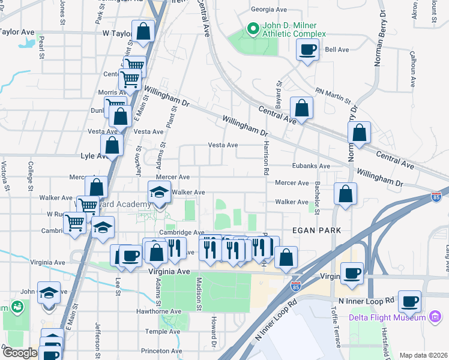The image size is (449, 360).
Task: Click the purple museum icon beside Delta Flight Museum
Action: tap(435, 317)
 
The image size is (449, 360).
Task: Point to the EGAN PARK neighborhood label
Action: tap(317, 230)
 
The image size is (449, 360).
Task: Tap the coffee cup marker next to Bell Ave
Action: tap(307, 50)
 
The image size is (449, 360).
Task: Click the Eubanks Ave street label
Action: tap(312, 166)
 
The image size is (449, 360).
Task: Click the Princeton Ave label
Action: tap(161, 351)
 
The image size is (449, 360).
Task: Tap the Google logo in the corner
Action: tap(20, 353)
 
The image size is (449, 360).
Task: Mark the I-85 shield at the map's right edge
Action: tap(436, 197)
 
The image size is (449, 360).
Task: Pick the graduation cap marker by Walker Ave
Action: tap(159, 194)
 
